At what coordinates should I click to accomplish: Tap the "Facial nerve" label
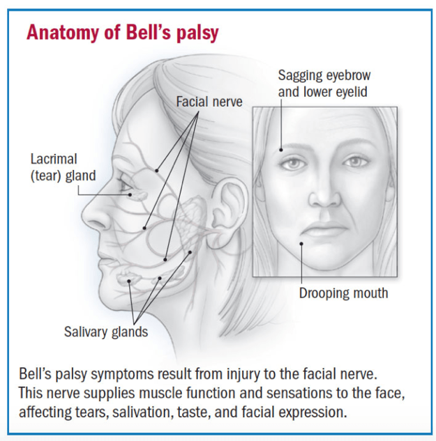coord(209,102)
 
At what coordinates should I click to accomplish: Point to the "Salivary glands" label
coord(106,332)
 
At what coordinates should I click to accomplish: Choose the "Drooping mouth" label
coord(343,293)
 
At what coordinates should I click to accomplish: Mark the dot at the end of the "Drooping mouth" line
coord(301,243)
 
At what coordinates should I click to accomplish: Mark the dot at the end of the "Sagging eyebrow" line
coord(280,149)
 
